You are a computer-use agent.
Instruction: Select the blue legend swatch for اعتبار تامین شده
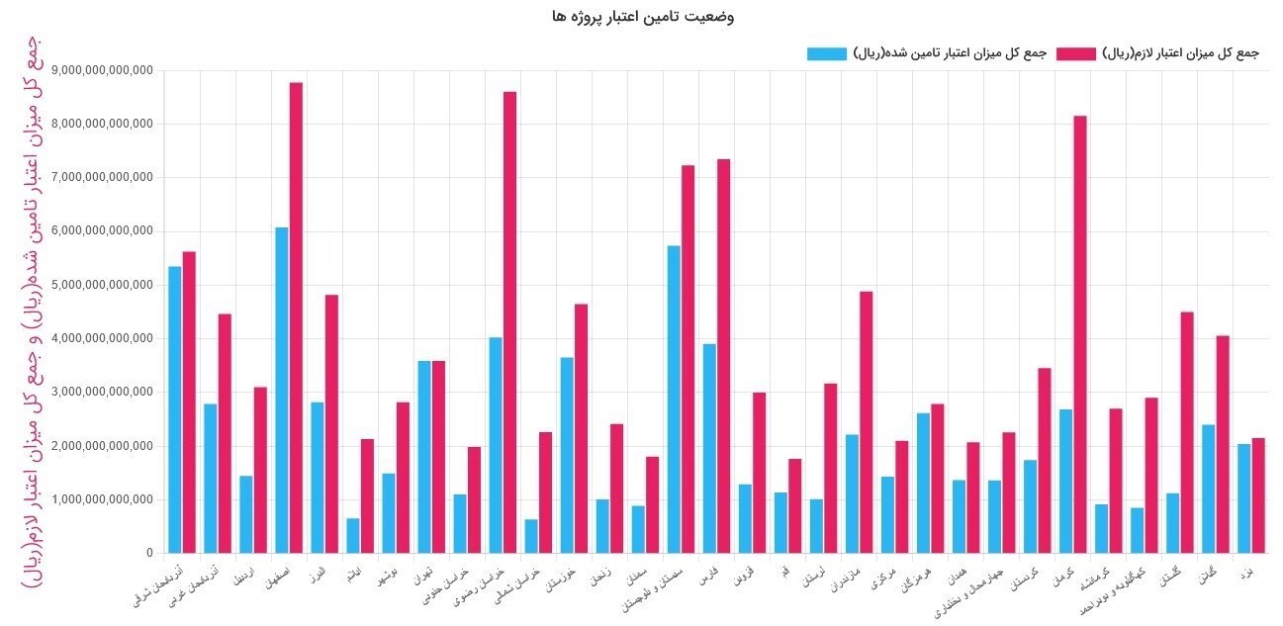827,53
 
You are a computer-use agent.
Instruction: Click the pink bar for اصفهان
296,316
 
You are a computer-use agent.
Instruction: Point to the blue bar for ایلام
353,535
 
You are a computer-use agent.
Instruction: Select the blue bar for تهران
424,456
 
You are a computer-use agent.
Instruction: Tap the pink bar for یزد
1258,494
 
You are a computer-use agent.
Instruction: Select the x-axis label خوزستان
573,577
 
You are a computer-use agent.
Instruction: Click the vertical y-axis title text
32,312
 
